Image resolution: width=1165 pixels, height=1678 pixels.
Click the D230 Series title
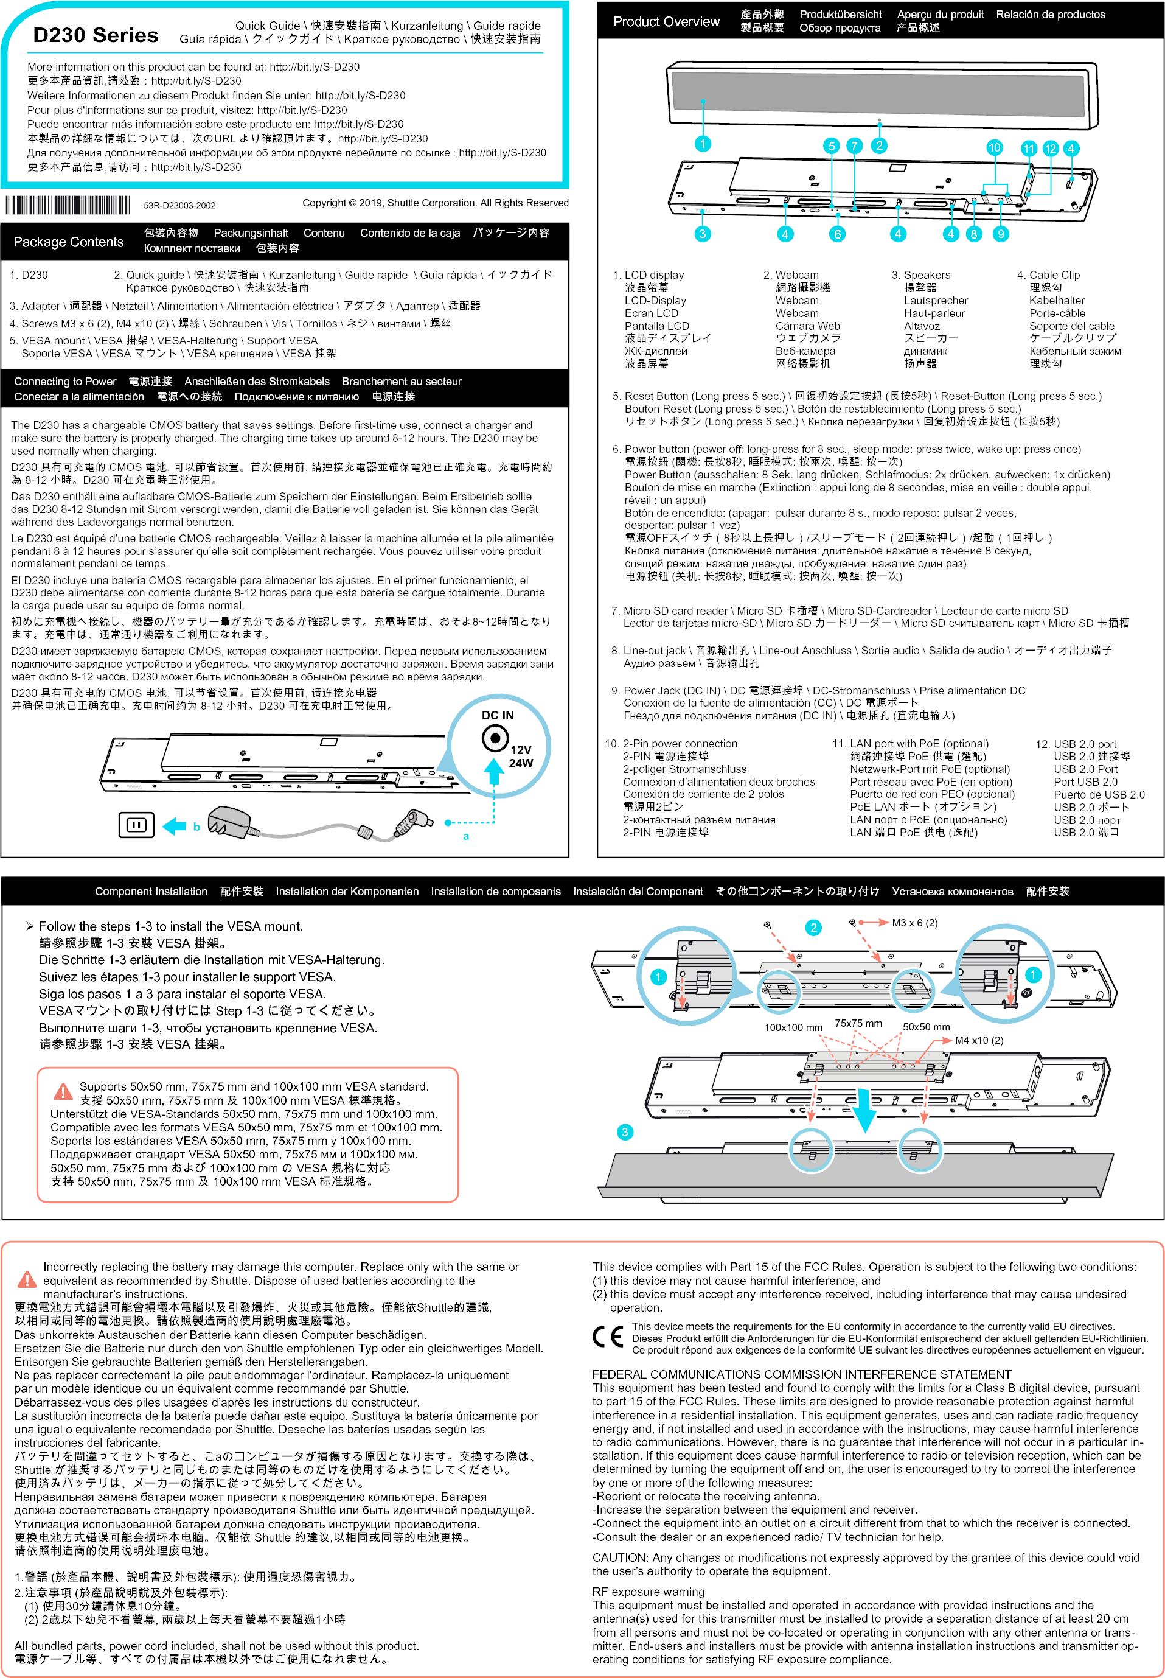tap(96, 35)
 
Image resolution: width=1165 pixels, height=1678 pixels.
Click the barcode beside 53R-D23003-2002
tap(68, 205)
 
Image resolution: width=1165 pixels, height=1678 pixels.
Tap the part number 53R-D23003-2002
tap(179, 205)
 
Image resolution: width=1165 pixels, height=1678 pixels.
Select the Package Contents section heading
tap(69, 242)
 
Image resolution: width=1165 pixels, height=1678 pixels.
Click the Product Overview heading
tap(666, 22)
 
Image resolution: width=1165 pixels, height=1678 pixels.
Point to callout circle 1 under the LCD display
tap(702, 143)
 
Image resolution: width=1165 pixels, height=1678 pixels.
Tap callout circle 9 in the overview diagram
tap(1001, 234)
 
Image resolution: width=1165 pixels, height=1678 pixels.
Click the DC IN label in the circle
tap(497, 716)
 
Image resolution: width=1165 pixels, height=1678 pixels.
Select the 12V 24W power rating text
tap(521, 757)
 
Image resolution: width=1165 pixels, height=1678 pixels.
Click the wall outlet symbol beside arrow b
tap(136, 825)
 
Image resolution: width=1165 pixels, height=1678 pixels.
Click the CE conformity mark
tap(607, 1337)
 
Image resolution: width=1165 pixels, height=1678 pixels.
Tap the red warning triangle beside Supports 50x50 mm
tap(63, 1092)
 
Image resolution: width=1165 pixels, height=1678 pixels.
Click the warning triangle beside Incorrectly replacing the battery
tap(27, 1279)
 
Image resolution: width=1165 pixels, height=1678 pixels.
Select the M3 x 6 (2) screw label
tap(914, 923)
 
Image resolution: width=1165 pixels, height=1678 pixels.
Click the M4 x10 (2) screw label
tap(979, 1041)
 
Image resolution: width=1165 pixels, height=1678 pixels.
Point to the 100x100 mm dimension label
tap(793, 1027)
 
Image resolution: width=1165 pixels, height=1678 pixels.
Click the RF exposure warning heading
tap(648, 1592)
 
